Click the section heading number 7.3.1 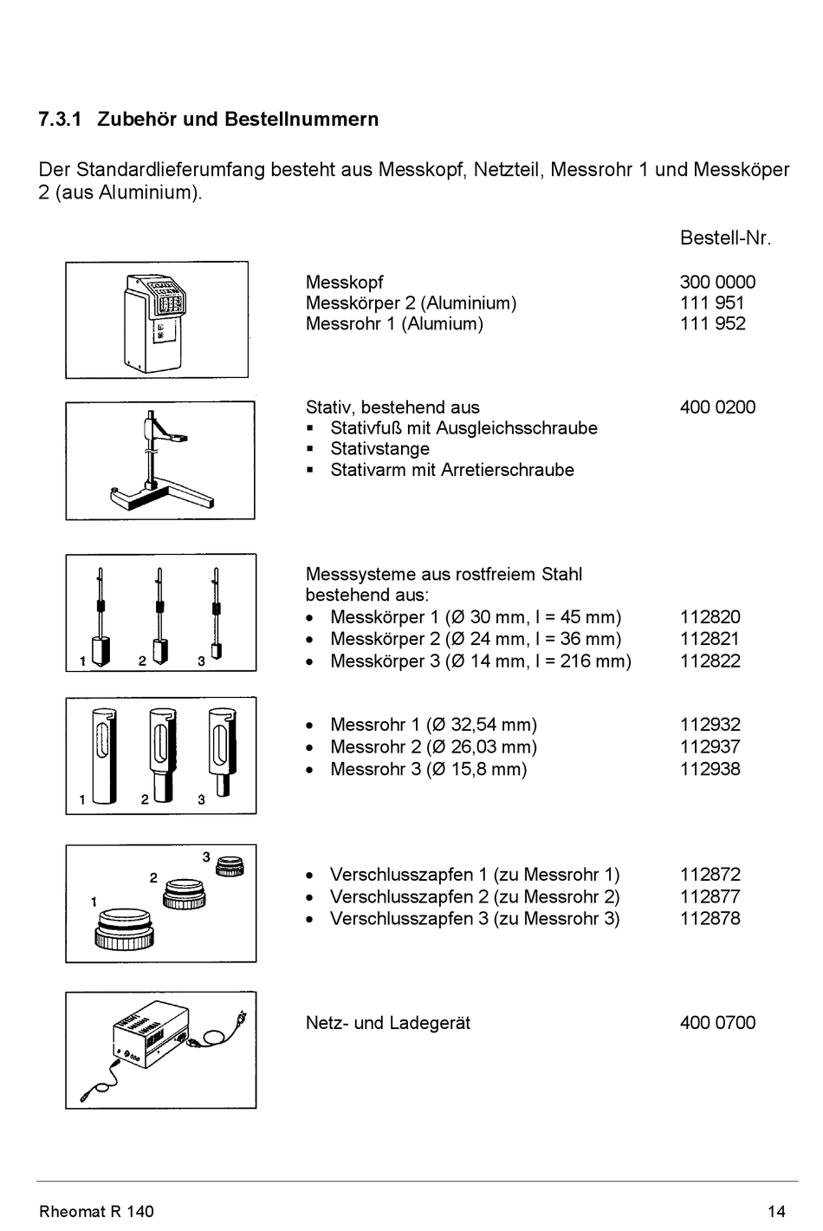(60, 120)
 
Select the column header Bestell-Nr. (724, 238)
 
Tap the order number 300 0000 (716, 283)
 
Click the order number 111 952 (712, 324)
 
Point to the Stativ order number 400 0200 (716, 407)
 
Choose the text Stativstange (379, 449)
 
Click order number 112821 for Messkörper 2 (710, 640)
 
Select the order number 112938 (710, 770)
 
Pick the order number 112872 (710, 876)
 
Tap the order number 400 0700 (716, 1023)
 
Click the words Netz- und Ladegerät (387, 1023)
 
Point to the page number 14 (775, 1212)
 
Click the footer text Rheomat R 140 (96, 1212)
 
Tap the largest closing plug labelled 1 (125, 929)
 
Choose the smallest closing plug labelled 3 (230, 866)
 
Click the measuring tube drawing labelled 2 (161, 752)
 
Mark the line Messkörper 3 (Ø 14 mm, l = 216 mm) (480, 661)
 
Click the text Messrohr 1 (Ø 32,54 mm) (433, 726)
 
